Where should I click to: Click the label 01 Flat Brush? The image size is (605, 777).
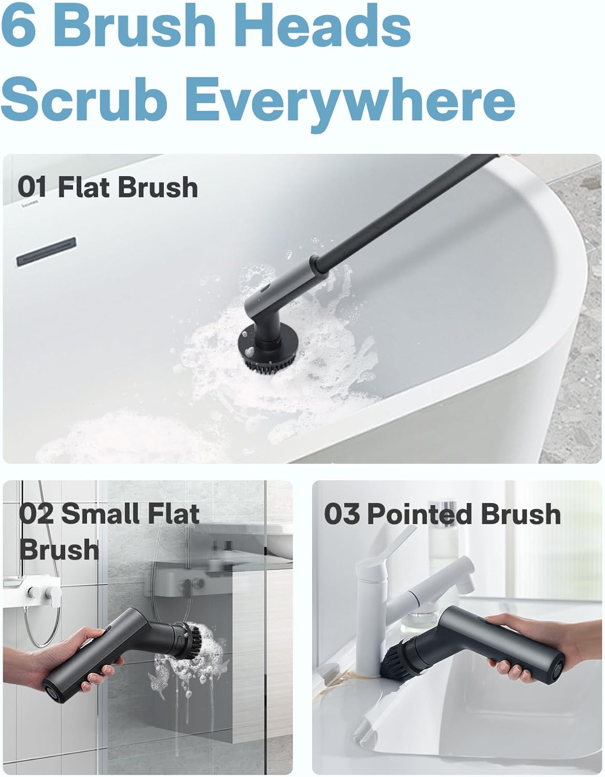(x=107, y=187)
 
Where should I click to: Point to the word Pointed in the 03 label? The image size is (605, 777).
(x=420, y=514)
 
